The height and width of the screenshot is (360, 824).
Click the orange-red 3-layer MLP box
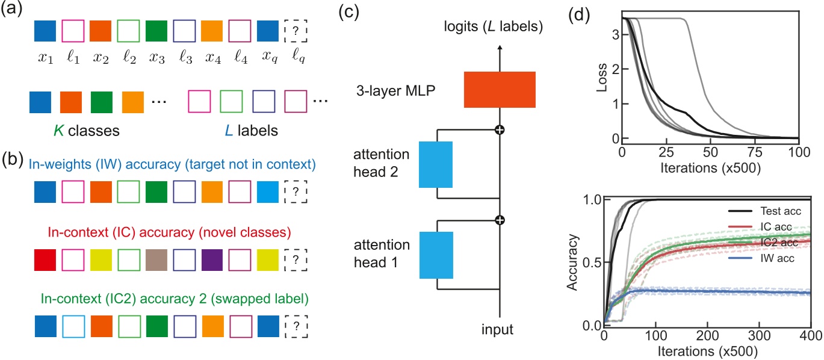(500, 90)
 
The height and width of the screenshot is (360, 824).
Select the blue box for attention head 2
(436, 164)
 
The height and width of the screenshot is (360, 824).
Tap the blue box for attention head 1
(436, 255)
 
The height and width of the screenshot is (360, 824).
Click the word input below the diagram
(497, 330)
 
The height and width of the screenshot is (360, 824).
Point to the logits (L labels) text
(494, 26)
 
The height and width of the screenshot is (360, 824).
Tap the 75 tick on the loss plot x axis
(755, 152)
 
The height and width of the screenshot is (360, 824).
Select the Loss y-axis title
(601, 78)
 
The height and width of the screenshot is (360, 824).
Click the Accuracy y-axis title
(572, 262)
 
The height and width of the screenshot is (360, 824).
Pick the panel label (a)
(11, 8)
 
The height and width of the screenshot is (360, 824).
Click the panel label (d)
(579, 16)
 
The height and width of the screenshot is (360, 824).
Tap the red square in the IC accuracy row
(45, 260)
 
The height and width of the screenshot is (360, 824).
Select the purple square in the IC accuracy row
(212, 260)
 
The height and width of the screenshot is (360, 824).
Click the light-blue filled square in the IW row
(267, 192)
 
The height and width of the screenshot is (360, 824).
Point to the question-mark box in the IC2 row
(296, 326)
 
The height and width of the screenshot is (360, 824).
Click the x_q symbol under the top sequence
(269, 57)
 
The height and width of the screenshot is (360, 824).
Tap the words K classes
(87, 131)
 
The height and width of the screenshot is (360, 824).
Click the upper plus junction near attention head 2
(500, 129)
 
